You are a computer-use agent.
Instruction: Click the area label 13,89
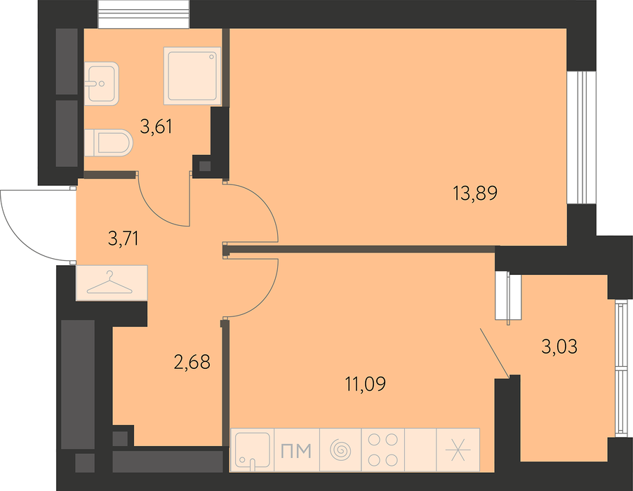click(475, 194)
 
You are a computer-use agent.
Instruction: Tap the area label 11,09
click(365, 384)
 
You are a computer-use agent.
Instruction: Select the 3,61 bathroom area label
click(156, 127)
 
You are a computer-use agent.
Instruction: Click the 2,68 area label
click(192, 362)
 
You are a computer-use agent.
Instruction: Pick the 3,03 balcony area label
click(559, 347)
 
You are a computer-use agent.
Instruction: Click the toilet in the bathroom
click(109, 143)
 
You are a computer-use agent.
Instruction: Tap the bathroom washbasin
click(102, 83)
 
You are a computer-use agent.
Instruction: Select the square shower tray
click(192, 76)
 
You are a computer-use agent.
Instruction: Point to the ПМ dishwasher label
click(296, 450)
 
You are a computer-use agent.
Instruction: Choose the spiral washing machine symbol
click(341, 450)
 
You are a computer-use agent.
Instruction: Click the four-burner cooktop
click(383, 450)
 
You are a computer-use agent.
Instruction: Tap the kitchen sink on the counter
click(253, 450)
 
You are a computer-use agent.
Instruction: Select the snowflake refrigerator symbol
click(458, 450)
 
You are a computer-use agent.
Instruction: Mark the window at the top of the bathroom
click(144, 14)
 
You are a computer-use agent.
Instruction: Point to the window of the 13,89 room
click(581, 138)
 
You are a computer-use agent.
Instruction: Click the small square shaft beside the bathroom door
click(206, 166)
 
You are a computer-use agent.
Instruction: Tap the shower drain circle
click(211, 57)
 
